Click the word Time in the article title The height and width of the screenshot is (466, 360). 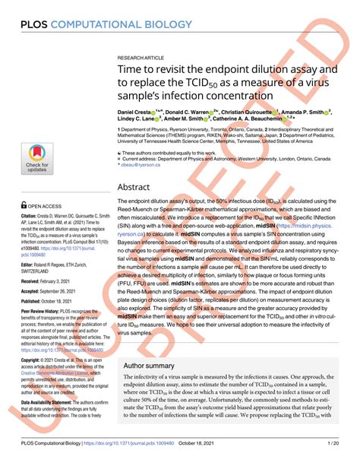pyautogui.click(x=130, y=71)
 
